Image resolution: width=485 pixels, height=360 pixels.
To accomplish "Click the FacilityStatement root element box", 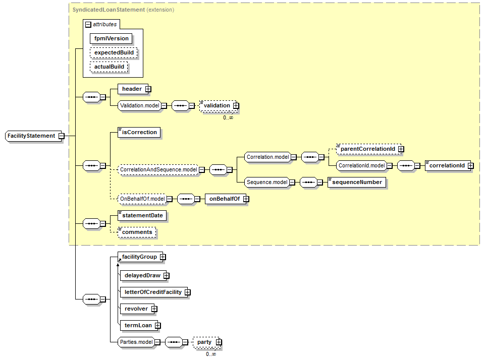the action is point(34,136).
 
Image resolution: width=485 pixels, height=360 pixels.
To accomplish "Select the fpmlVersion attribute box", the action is point(111,39).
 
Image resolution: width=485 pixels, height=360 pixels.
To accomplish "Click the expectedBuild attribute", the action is point(114,52).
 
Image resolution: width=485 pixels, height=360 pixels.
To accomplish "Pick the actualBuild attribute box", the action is point(109,67).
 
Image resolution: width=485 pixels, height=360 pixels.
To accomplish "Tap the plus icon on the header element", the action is point(148,89).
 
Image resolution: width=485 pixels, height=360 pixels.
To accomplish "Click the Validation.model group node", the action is point(139,106).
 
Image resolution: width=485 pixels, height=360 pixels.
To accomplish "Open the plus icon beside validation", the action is point(236,106).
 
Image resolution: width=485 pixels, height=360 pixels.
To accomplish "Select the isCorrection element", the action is point(139,132).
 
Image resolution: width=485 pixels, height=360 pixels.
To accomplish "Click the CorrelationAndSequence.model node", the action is point(158,169).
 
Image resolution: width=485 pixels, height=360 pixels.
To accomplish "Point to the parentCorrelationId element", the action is point(368,149).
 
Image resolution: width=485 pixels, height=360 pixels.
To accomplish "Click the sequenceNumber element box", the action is point(357,183).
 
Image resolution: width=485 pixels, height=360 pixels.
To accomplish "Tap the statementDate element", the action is point(142,216).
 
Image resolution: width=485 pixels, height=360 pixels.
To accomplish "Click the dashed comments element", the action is point(137,232).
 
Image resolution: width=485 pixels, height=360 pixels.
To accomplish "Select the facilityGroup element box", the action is point(140,257).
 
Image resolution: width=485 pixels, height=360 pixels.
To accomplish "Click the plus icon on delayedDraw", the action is point(167,276).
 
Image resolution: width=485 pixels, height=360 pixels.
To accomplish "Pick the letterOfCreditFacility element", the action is point(154,292).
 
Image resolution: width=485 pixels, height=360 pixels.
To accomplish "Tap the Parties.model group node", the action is point(136,342).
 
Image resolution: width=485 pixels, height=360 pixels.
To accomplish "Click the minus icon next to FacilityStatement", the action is point(62,136).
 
